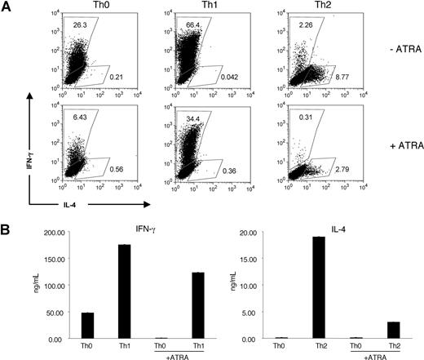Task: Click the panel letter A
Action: tap(7, 7)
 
